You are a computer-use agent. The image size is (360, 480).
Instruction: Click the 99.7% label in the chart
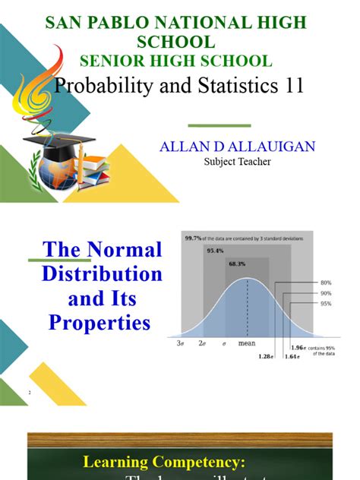coord(194,238)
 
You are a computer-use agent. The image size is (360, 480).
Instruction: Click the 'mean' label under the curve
coord(247,343)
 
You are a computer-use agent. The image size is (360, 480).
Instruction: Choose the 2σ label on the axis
coord(204,343)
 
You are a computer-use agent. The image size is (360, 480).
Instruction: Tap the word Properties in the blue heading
coord(99,323)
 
